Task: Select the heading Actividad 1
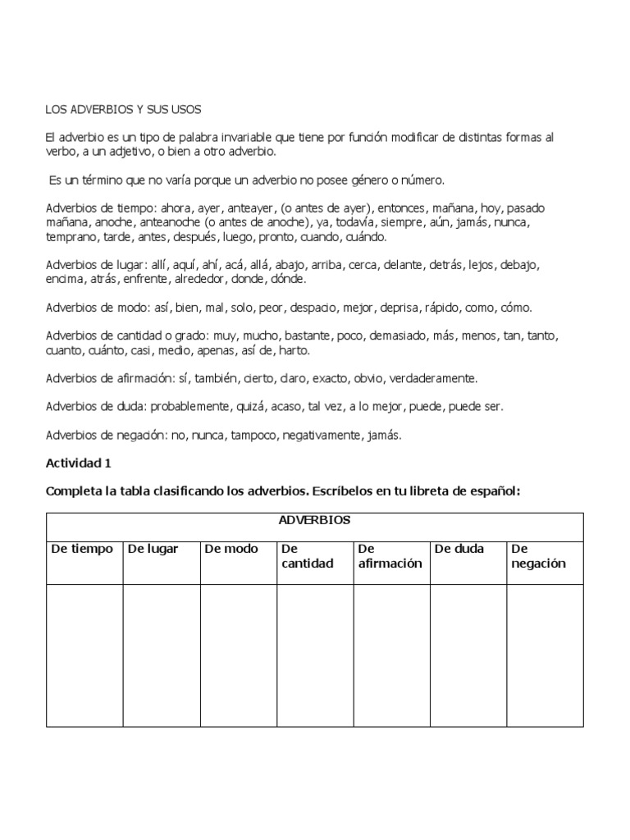[78, 463]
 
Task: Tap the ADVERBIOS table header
[315, 521]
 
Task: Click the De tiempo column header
[82, 549]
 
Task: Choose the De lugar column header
[153, 549]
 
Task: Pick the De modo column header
[231, 549]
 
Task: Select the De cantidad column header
[307, 556]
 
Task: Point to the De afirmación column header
[390, 556]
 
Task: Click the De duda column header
[459, 549]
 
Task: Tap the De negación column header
[537, 556]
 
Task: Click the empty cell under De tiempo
[84, 655]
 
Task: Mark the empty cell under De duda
[468, 655]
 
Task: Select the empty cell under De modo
[238, 655]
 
